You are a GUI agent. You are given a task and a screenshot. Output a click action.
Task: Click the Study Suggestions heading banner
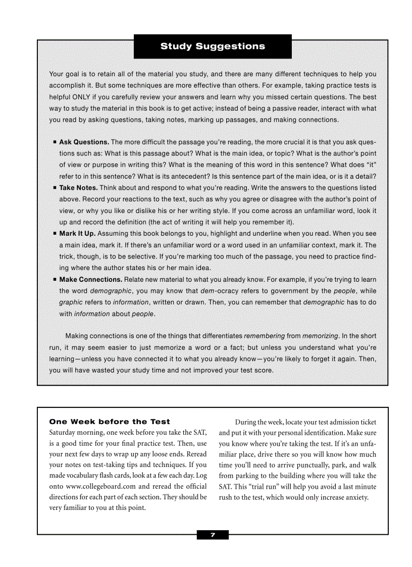(213, 46)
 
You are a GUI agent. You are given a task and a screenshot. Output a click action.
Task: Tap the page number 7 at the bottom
(213, 535)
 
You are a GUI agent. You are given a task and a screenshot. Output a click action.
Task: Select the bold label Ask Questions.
(84, 142)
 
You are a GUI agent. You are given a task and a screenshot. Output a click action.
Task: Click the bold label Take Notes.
(78, 188)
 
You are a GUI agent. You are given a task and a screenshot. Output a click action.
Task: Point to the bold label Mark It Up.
(77, 234)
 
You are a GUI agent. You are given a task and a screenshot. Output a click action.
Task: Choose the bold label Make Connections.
(90, 279)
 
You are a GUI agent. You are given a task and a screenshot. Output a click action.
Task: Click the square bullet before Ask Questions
(55, 142)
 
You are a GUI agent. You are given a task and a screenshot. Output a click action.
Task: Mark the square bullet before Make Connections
(55, 279)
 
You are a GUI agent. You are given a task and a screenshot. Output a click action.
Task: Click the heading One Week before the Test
(110, 422)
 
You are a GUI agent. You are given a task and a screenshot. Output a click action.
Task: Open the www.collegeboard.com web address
(101, 486)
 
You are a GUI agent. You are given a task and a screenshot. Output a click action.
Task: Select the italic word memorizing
(320, 336)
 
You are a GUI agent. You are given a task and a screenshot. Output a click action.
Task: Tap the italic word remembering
(264, 336)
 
